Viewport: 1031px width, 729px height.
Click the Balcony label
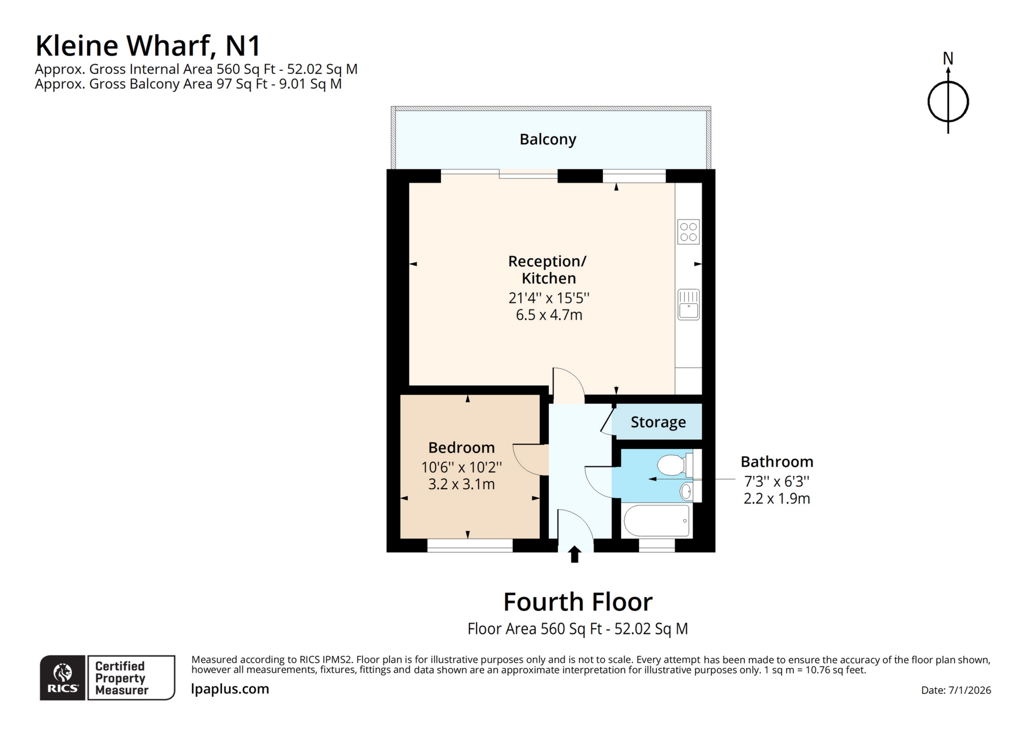coord(547,139)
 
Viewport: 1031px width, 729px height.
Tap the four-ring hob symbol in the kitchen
coord(688,232)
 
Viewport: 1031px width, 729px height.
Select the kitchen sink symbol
coord(688,304)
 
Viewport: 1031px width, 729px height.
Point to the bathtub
coord(656,520)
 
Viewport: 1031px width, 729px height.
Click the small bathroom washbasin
coord(686,491)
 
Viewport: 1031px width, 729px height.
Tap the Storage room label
coord(658,422)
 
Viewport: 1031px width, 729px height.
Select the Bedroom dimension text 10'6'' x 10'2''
coord(461,467)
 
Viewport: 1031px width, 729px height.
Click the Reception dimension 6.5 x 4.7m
coord(549,315)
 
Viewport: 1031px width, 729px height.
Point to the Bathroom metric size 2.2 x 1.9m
coord(776,498)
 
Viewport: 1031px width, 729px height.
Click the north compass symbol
coord(948,101)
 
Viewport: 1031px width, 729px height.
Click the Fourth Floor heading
coord(577,602)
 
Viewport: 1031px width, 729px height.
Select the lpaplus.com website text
coord(230,689)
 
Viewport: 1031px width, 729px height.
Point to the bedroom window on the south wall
coord(469,545)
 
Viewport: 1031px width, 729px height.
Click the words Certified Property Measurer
coord(121,678)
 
